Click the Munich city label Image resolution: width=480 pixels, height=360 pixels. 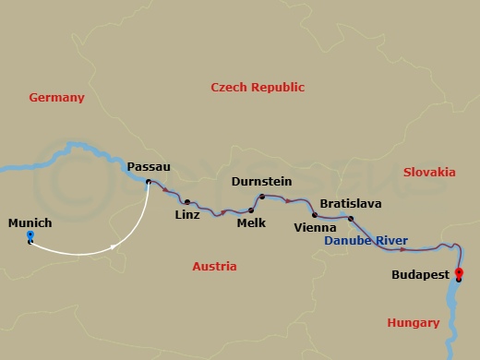(30, 223)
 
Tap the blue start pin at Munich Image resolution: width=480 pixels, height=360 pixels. (30, 237)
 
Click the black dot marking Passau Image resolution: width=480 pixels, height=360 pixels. (149, 182)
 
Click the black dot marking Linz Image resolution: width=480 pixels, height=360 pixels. (187, 202)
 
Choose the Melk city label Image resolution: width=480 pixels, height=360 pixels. (251, 222)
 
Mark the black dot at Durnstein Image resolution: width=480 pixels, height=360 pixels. (262, 196)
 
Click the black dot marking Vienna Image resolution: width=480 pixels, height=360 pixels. (315, 215)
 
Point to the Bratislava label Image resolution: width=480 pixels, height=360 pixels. (351, 203)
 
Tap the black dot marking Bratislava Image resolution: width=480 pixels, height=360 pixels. (351, 219)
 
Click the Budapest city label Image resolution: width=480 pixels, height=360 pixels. (421, 274)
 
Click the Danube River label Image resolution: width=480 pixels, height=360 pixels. (366, 241)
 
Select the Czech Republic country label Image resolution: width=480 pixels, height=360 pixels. (258, 87)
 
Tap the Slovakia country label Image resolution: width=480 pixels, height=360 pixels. (429, 172)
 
